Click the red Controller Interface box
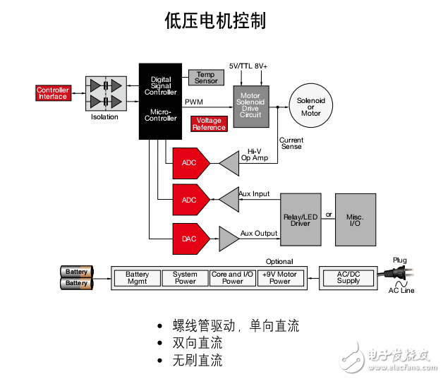click(x=53, y=93)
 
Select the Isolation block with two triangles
click(x=105, y=93)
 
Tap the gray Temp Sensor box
click(x=206, y=78)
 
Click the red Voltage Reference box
click(x=209, y=124)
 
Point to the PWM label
click(x=194, y=102)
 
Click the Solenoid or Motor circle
click(x=310, y=106)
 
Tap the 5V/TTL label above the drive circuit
click(x=240, y=66)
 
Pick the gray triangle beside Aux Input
click(x=229, y=200)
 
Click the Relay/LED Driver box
click(x=301, y=219)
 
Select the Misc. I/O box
click(x=355, y=219)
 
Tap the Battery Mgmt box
click(x=138, y=278)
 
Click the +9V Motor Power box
click(x=280, y=278)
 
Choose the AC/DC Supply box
click(x=348, y=278)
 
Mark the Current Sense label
click(x=291, y=143)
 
